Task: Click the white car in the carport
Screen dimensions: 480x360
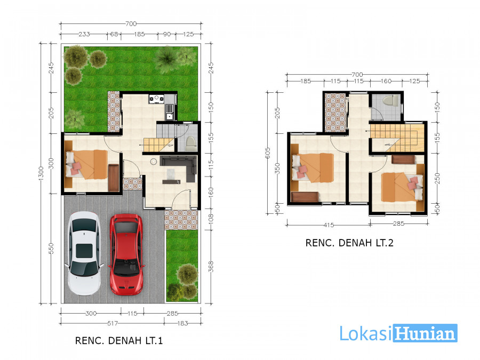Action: click(x=84, y=253)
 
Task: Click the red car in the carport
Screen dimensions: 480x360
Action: click(x=126, y=254)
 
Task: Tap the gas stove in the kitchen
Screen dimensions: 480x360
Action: click(x=156, y=99)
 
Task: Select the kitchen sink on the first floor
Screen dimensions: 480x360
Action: click(x=169, y=112)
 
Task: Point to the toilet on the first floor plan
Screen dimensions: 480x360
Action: click(x=190, y=143)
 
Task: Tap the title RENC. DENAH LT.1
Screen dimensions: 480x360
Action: click(x=119, y=340)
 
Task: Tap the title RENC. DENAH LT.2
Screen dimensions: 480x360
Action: click(x=349, y=243)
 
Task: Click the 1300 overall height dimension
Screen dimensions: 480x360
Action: click(x=41, y=173)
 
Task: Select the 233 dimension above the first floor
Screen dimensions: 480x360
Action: click(x=84, y=34)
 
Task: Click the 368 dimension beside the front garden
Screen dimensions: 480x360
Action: click(x=211, y=267)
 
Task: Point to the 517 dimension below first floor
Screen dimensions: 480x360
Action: click(x=113, y=323)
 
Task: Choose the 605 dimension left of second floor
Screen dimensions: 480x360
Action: click(x=268, y=153)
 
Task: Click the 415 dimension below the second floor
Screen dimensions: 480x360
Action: click(x=329, y=225)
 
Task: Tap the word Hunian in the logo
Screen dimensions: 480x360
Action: click(x=425, y=333)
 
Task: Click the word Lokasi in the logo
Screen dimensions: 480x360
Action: click(x=366, y=333)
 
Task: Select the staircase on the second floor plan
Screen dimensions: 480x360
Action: click(x=397, y=138)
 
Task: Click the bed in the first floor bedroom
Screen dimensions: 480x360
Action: click(x=87, y=164)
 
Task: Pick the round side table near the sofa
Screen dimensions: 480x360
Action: click(x=154, y=162)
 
